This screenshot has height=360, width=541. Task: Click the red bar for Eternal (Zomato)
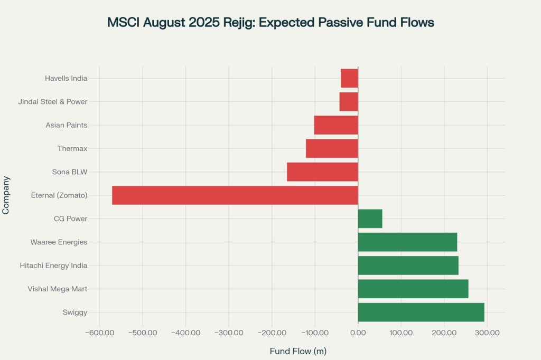[235, 195]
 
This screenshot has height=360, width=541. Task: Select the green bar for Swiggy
[421, 312]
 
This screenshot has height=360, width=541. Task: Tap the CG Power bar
[370, 219]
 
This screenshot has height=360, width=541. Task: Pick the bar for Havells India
[349, 78]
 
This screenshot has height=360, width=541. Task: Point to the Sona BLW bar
[322, 172]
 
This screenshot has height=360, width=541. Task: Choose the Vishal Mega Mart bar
[413, 289]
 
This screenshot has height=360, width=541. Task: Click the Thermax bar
[332, 148]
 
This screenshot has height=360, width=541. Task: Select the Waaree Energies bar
[407, 242]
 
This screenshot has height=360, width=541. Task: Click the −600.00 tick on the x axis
[99, 333]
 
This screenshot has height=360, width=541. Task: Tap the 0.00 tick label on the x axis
[358, 333]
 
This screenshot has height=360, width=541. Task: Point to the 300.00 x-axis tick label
[487, 333]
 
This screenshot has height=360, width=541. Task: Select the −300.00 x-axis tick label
[229, 333]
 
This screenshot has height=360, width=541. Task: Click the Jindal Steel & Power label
[52, 101]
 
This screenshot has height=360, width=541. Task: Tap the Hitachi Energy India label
[53, 266]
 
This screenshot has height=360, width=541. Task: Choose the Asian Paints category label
[66, 125]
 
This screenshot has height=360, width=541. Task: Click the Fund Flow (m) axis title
[298, 351]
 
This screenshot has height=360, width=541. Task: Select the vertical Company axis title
[6, 195]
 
